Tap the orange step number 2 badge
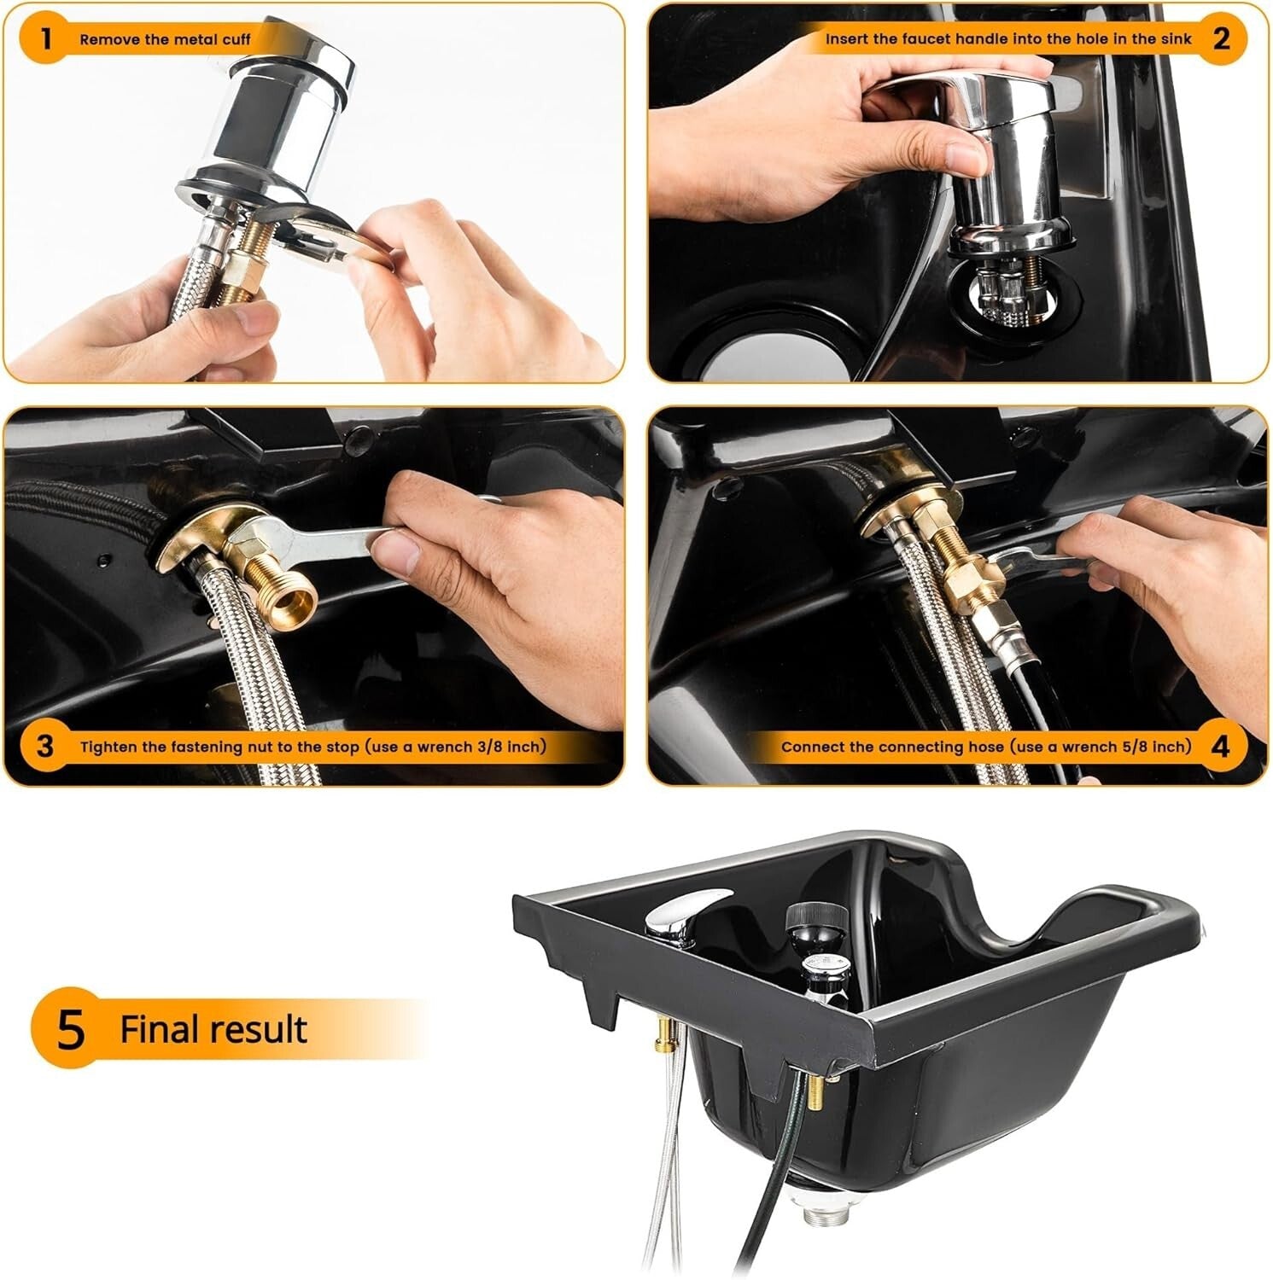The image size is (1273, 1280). (1221, 38)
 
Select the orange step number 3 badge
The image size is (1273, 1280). (45, 747)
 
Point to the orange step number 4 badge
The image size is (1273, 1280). (1221, 747)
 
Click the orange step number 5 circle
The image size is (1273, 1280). (71, 1028)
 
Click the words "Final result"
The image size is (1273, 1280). (213, 1029)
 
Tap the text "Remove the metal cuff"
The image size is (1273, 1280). (165, 39)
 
